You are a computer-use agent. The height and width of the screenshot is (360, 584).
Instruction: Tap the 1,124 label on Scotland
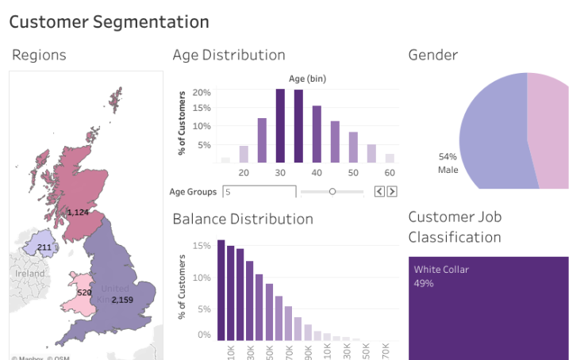[78, 213]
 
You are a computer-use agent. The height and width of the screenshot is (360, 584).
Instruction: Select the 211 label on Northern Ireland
[44, 247]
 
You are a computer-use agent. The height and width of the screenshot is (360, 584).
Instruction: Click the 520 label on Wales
[84, 292]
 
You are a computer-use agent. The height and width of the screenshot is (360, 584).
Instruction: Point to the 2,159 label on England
[122, 300]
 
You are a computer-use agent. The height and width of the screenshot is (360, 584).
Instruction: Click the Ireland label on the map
[30, 273]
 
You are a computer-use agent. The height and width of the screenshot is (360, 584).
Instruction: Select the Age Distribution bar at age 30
[280, 125]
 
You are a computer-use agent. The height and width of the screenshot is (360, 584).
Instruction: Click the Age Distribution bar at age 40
[317, 134]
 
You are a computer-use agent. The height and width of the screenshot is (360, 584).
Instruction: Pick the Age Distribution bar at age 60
[390, 158]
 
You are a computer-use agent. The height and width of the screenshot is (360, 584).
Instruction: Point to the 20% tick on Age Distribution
[202, 92]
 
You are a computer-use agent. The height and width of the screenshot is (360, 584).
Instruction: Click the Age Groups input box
[259, 191]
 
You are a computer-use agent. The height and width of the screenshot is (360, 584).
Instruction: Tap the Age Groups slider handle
[332, 191]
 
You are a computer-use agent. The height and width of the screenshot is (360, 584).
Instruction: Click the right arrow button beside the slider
[392, 191]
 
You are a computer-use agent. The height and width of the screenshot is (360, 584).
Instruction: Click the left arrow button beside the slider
[379, 191]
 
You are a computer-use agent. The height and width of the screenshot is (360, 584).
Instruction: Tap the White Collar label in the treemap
[441, 270]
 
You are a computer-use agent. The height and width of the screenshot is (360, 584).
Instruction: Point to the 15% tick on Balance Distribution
[202, 246]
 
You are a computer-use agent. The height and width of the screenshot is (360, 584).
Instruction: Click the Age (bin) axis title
[307, 79]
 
